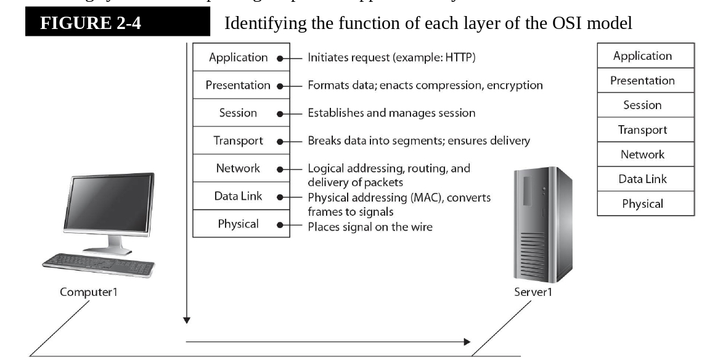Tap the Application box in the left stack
click(238, 57)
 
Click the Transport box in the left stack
click(238, 141)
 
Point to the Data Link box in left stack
click(238, 196)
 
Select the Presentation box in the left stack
click(238, 85)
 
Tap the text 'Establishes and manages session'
click(391, 113)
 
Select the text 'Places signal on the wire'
click(370, 227)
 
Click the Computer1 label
click(88, 292)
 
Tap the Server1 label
click(533, 292)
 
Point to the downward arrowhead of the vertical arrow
click(186, 320)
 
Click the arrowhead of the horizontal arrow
click(467, 342)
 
